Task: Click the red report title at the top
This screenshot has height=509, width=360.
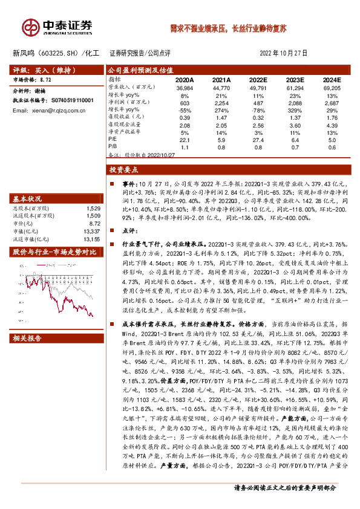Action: pyautogui.click(x=228, y=28)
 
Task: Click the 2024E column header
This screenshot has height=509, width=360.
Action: pyautogui.click(x=331, y=79)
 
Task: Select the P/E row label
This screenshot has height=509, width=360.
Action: pyautogui.click(x=113, y=139)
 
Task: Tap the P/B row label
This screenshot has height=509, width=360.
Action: pyautogui.click(x=113, y=146)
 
